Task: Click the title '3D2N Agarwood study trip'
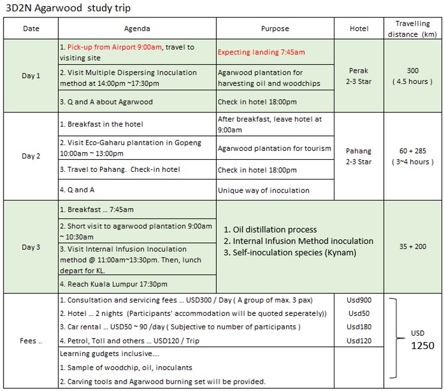68,8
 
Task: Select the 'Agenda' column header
137,29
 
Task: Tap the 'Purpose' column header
275,29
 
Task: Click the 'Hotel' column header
359,29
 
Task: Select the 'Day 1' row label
31,76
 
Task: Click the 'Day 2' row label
31,156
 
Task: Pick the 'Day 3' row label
31,247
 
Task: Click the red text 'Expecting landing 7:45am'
261,52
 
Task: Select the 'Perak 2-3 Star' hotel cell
360,76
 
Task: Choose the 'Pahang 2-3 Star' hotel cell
360,156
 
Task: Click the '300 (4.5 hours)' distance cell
413,76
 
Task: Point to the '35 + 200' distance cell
413,246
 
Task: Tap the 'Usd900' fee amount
359,301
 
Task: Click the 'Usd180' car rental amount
359,327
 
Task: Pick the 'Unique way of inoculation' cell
264,191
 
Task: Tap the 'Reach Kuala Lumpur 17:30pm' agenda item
113,284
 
